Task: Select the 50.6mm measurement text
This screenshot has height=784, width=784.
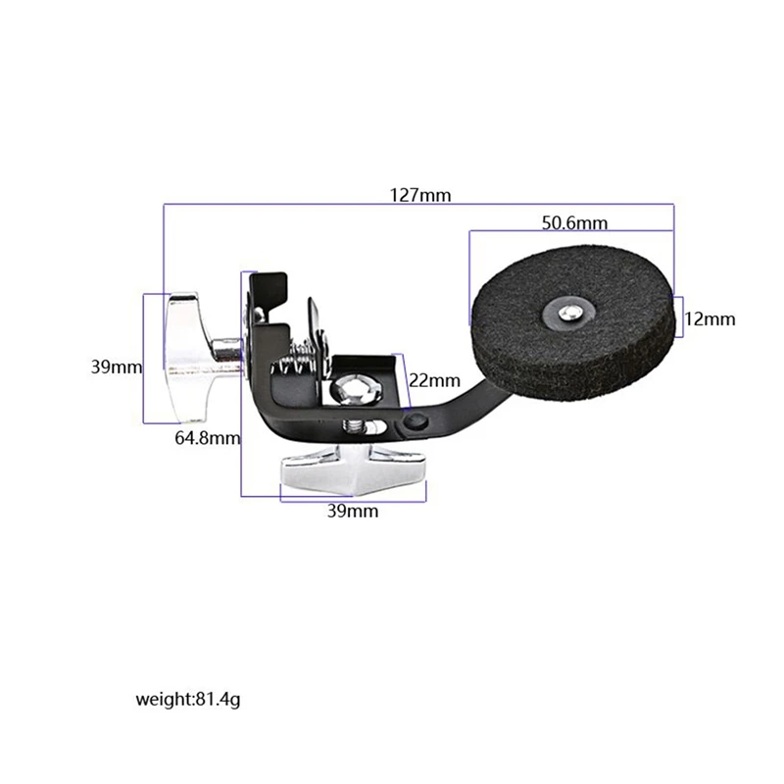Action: coord(574,222)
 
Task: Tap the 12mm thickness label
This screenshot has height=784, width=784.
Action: coord(710,319)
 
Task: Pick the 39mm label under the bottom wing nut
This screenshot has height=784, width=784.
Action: coord(353,511)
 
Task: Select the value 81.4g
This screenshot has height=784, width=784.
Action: coord(221,700)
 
